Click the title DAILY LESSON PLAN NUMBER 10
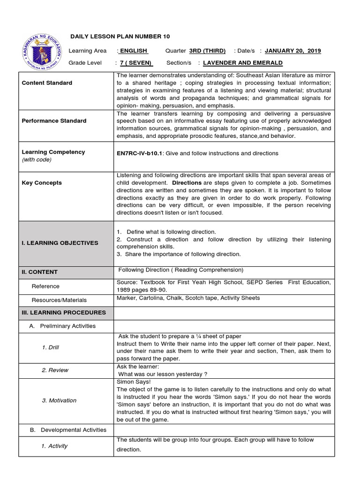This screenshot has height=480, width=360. [120, 37]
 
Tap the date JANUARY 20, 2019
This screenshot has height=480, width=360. [293, 51]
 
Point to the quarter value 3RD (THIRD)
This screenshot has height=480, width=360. [207, 51]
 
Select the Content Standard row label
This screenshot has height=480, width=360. [47, 83]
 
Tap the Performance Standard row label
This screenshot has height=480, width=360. [54, 121]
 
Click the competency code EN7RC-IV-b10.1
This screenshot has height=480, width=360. [139, 153]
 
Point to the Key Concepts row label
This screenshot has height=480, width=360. [42, 183]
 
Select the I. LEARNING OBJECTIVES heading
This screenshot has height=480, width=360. [60, 243]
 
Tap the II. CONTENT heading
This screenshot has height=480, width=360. [40, 272]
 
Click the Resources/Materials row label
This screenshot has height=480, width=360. [59, 300]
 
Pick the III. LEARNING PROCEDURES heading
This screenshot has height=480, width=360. [64, 313]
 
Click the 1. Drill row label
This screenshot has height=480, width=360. [51, 347]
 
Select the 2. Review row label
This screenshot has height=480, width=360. [55, 370]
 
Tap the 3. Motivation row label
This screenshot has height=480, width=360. [59, 400]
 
